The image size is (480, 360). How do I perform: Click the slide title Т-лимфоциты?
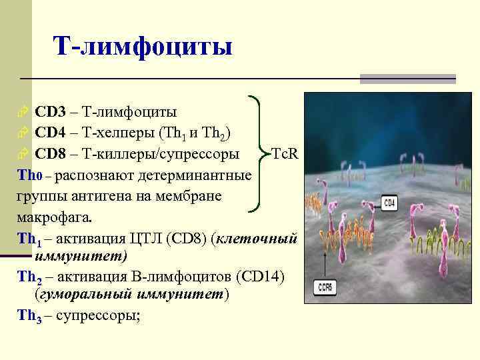coord(143,47)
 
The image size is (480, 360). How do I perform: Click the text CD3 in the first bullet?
coord(50,111)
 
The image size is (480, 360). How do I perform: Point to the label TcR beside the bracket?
coord(285,155)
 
